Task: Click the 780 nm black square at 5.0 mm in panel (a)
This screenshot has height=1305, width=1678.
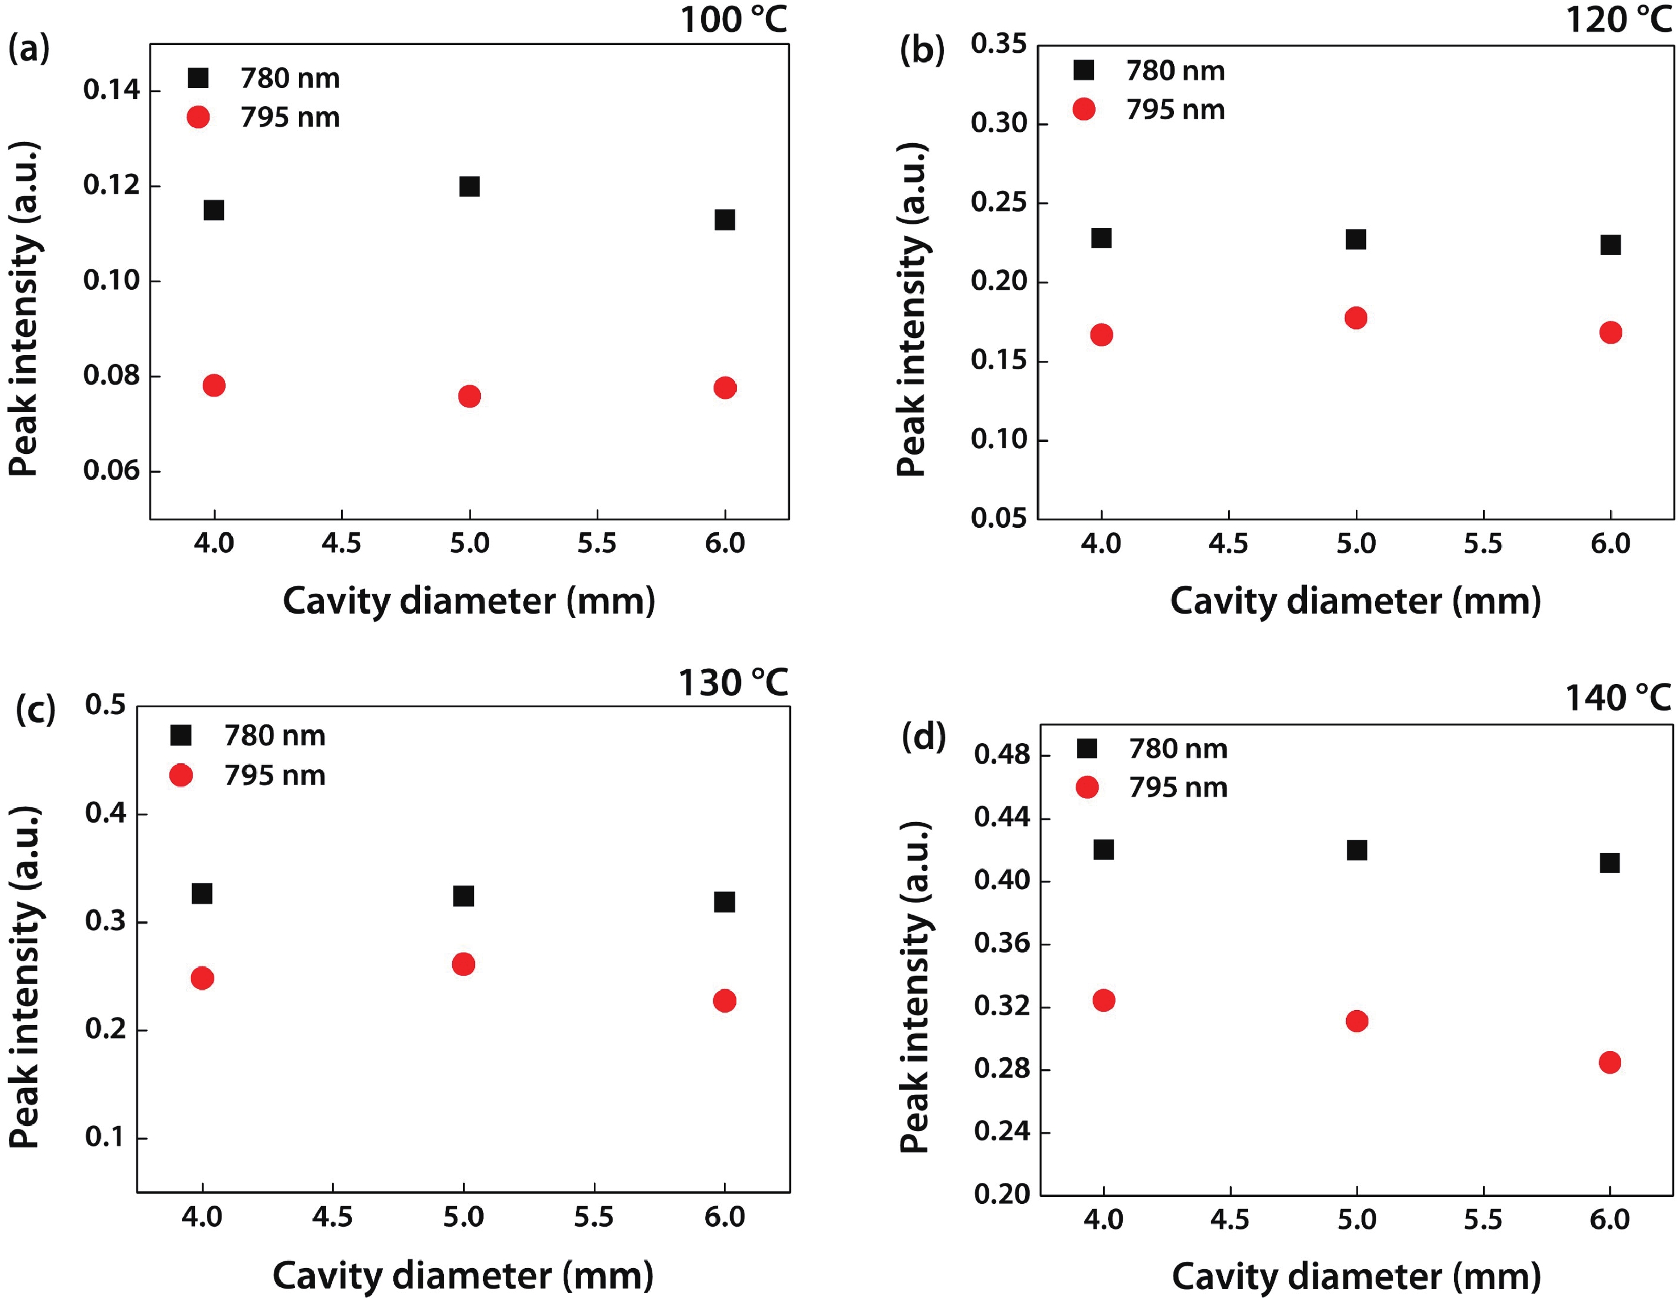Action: tap(469, 187)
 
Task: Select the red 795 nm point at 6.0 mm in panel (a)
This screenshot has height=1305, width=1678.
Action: tap(725, 388)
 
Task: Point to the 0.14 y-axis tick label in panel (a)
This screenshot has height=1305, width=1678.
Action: tap(111, 90)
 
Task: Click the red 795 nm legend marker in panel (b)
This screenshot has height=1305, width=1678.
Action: tap(1083, 109)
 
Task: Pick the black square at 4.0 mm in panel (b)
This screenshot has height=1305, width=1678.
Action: tap(1101, 238)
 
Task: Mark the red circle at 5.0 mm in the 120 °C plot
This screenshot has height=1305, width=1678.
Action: tap(1356, 318)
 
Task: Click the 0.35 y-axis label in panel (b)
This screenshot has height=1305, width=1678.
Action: tap(998, 44)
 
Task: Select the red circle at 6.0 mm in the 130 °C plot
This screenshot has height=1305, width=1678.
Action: tap(725, 1001)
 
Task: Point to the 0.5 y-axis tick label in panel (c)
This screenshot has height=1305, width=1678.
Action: tap(105, 704)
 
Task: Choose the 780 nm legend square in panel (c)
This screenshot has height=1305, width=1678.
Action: tap(181, 736)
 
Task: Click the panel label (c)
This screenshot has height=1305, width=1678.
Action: tap(35, 709)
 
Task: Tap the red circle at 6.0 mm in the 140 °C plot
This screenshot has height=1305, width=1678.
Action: tap(1610, 1062)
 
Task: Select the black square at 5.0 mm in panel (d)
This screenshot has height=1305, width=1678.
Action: tap(1357, 850)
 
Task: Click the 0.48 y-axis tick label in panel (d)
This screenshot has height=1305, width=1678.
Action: tap(1002, 754)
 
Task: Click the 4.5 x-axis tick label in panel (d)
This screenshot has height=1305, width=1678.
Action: tap(1229, 1220)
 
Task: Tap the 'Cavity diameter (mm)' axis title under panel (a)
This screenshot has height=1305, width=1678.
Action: tap(469, 601)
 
